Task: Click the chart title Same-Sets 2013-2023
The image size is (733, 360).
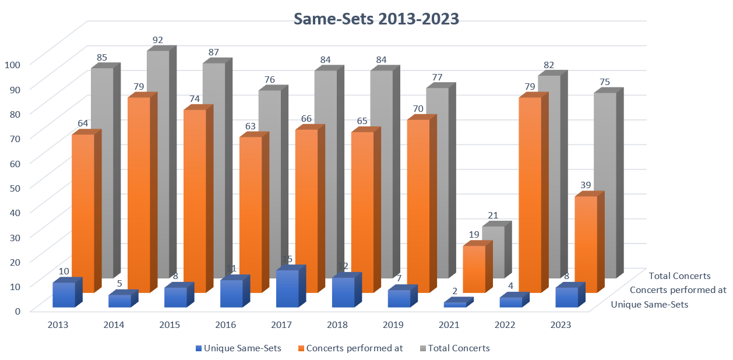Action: tap(376, 19)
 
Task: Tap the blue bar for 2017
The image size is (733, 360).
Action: tap(287, 288)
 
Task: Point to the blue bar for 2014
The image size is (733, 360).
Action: tap(119, 301)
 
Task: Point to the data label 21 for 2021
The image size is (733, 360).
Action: tap(493, 216)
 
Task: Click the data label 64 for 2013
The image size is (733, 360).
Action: tap(83, 123)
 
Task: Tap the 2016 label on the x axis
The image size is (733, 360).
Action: tap(225, 324)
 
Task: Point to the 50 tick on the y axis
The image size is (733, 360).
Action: tap(15, 186)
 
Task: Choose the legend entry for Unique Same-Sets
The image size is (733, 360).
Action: tap(239, 348)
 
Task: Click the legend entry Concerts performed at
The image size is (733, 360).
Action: tap(350, 348)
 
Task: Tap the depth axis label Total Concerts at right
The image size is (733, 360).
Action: tap(679, 276)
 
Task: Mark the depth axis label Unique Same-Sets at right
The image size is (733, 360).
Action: tap(649, 304)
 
